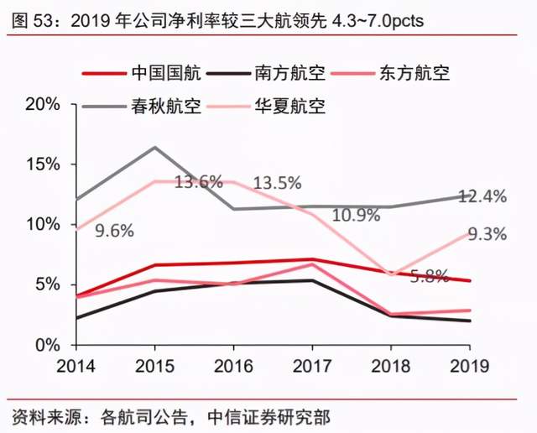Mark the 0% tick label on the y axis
pyautogui.click(x=48, y=345)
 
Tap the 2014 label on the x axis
pyautogui.click(x=76, y=368)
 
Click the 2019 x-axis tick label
pyautogui.click(x=470, y=368)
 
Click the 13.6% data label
pyautogui.click(x=199, y=182)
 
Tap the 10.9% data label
pyautogui.click(x=356, y=215)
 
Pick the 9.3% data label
pyautogui.click(x=487, y=235)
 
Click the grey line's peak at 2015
pyautogui.click(x=154, y=148)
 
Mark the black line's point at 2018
pyautogui.click(x=391, y=316)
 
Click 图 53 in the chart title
pyautogui.click(x=29, y=20)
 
